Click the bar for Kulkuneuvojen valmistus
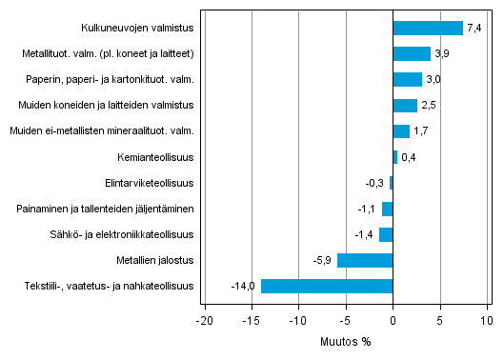coord(428,28)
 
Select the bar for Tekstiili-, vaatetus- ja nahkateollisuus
coord(327,286)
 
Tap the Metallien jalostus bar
coord(365,260)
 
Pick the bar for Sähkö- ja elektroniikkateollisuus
coord(386,234)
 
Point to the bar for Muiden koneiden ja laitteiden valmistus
coord(405,106)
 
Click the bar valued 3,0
coord(408,80)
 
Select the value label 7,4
coord(474,28)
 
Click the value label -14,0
coord(243,286)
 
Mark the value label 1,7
coord(421,131)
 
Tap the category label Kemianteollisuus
coord(154,157)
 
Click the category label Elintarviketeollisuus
coord(150,183)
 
